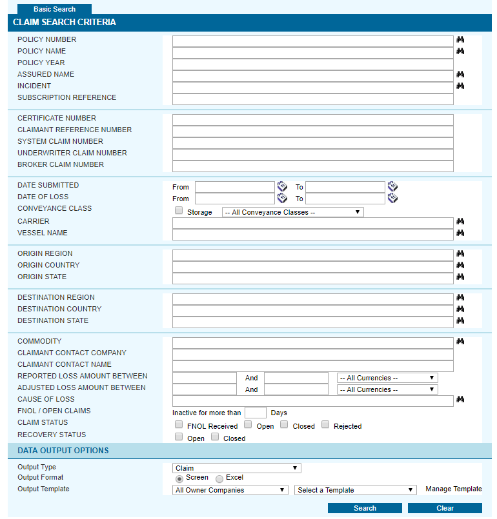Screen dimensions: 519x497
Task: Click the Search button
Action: pyautogui.click(x=365, y=508)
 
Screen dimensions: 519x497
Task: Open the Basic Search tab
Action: pyautogui.click(x=54, y=9)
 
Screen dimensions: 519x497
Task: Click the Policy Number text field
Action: pyautogui.click(x=312, y=41)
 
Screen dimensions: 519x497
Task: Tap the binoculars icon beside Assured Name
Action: pyautogui.click(x=460, y=75)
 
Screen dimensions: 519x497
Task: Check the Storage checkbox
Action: pyautogui.click(x=179, y=211)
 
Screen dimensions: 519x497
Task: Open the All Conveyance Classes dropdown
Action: pyautogui.click(x=292, y=212)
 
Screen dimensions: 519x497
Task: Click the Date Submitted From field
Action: pyautogui.click(x=234, y=187)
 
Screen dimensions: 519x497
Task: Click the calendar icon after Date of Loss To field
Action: pyautogui.click(x=392, y=199)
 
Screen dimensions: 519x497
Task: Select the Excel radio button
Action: pyautogui.click(x=219, y=478)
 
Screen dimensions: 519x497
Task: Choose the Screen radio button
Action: pyautogui.click(x=179, y=478)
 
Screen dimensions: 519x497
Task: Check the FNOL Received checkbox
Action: pyautogui.click(x=179, y=425)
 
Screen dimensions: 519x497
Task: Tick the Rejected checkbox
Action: pyautogui.click(x=325, y=425)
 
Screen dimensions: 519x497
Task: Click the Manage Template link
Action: pyautogui.click(x=453, y=489)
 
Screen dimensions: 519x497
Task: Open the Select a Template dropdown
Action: pyautogui.click(x=355, y=490)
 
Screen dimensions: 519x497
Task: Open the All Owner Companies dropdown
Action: pyautogui.click(x=230, y=490)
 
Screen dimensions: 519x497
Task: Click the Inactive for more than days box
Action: pyautogui.click(x=255, y=413)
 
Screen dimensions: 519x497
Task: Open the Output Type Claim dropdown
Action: pyautogui.click(x=236, y=468)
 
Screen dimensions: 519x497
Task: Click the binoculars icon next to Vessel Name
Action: pyautogui.click(x=460, y=233)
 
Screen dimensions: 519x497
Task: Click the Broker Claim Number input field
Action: pyautogui.click(x=312, y=166)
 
